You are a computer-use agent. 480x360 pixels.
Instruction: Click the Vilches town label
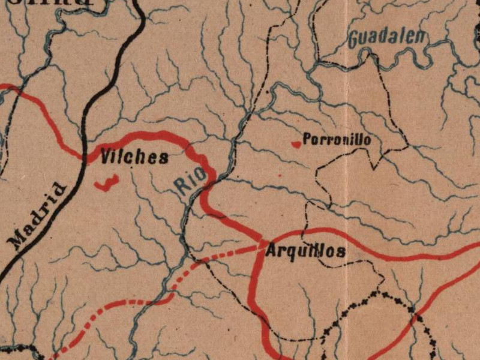pos(134,157)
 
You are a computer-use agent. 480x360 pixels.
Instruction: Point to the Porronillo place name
pos(336,140)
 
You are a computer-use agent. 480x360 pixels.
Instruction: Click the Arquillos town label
pos(305,251)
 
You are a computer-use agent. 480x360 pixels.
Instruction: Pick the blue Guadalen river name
pos(388,38)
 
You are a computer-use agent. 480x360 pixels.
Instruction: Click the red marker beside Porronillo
pos(295,144)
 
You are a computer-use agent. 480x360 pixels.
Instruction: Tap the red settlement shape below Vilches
pos(107,183)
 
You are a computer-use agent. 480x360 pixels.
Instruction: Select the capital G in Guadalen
pos(354,40)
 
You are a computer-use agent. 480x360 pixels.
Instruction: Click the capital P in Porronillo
pos(306,140)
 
